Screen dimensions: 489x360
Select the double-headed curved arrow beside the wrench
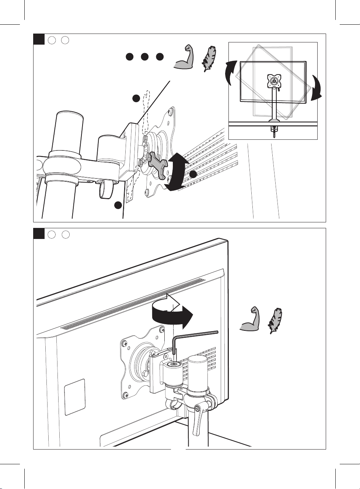click(176, 172)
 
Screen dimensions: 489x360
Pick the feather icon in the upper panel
click(208, 59)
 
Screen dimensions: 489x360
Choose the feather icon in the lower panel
click(275, 320)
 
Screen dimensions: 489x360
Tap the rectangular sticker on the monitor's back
click(74, 396)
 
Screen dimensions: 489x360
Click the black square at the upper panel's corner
click(39, 39)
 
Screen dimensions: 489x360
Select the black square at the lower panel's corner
click(39, 233)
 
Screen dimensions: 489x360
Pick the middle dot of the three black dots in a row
click(144, 57)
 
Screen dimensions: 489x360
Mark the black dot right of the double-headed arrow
click(193, 174)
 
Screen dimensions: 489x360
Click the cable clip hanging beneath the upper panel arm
click(105, 190)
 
